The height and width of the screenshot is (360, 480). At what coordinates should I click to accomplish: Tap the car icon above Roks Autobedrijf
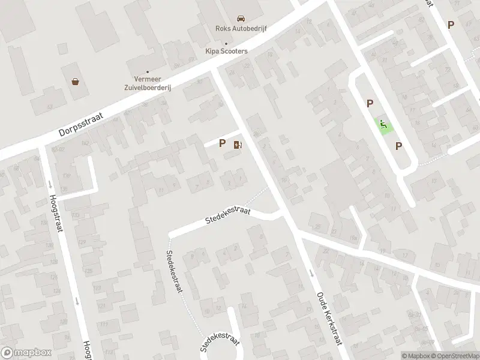pyautogui.click(x=240, y=18)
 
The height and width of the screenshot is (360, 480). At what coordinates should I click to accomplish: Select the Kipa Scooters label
pyautogui.click(x=226, y=51)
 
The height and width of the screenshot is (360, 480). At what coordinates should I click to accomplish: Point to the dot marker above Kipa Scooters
pyautogui.click(x=226, y=43)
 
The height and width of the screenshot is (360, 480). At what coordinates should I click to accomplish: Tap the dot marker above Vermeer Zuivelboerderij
pyautogui.click(x=148, y=72)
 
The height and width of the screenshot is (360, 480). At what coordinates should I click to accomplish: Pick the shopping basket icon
pyautogui.click(x=76, y=82)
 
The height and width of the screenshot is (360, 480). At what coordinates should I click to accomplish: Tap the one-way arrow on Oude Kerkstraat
pyautogui.click(x=311, y=273)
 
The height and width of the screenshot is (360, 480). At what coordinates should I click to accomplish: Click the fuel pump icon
pyautogui.click(x=238, y=144)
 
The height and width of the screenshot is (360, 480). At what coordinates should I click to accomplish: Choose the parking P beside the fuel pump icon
pyautogui.click(x=223, y=143)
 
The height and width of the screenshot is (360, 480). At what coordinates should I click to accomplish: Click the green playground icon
pyautogui.click(x=382, y=124)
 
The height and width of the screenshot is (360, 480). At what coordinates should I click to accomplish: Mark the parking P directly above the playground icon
pyautogui.click(x=370, y=104)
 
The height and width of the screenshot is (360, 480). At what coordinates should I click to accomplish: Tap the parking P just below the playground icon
pyautogui.click(x=398, y=145)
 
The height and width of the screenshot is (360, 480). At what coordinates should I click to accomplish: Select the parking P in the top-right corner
pyautogui.click(x=451, y=25)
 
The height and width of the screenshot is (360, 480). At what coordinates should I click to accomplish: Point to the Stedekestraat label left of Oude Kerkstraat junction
pyautogui.click(x=227, y=215)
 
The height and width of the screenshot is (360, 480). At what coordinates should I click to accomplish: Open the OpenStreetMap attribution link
pyautogui.click(x=454, y=356)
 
